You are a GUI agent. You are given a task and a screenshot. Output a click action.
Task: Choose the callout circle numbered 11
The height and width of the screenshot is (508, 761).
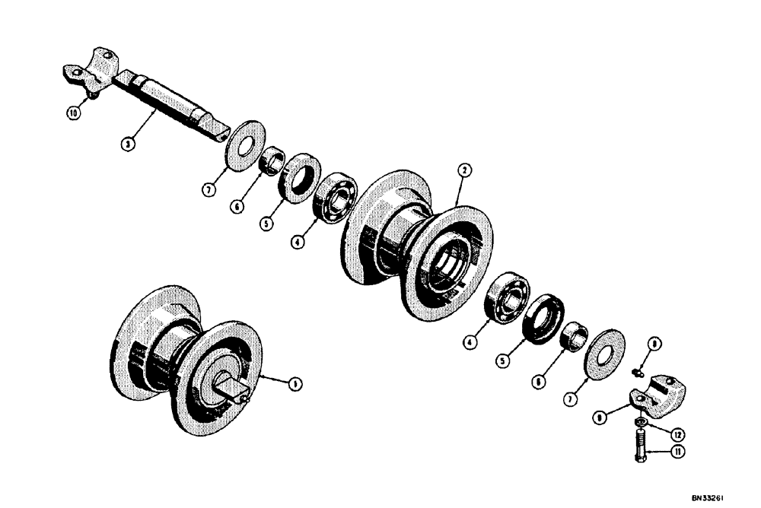[x=675, y=452]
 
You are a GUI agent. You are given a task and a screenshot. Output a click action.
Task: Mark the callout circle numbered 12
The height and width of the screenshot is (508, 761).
[x=676, y=433]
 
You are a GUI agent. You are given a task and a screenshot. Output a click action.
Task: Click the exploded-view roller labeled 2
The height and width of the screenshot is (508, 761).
[x=419, y=237]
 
